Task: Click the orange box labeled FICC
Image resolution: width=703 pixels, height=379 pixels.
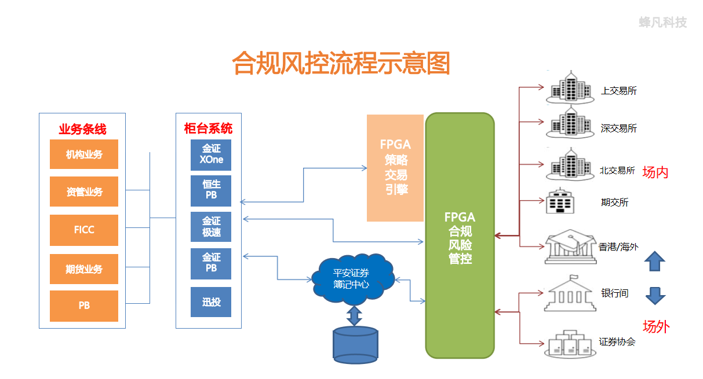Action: [84, 230]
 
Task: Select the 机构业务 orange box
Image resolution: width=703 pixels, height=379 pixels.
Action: [84, 154]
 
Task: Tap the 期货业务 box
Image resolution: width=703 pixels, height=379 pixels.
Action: [84, 269]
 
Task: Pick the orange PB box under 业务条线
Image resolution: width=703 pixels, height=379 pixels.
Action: [84, 306]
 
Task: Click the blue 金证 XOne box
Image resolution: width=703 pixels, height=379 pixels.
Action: [211, 155]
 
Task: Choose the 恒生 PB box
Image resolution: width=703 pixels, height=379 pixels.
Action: [211, 191]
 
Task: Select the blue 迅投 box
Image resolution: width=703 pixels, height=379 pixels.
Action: [211, 302]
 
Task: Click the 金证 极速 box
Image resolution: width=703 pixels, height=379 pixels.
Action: [211, 227]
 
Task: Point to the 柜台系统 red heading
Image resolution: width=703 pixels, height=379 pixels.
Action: [208, 128]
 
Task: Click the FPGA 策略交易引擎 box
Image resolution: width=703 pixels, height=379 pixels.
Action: [395, 168]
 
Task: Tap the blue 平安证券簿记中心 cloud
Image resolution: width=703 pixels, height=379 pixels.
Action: [352, 279]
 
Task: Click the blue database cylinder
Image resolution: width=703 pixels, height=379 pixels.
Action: [355, 345]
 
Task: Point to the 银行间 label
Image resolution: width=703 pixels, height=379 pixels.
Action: [614, 293]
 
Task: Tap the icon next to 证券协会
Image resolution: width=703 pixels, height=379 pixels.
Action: [570, 344]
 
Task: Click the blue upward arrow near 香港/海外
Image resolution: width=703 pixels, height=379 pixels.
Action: [655, 261]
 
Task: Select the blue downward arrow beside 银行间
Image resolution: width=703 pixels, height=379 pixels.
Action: [655, 296]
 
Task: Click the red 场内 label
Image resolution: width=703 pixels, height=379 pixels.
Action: [655, 172]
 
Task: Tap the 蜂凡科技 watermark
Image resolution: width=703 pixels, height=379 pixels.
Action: [663, 22]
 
